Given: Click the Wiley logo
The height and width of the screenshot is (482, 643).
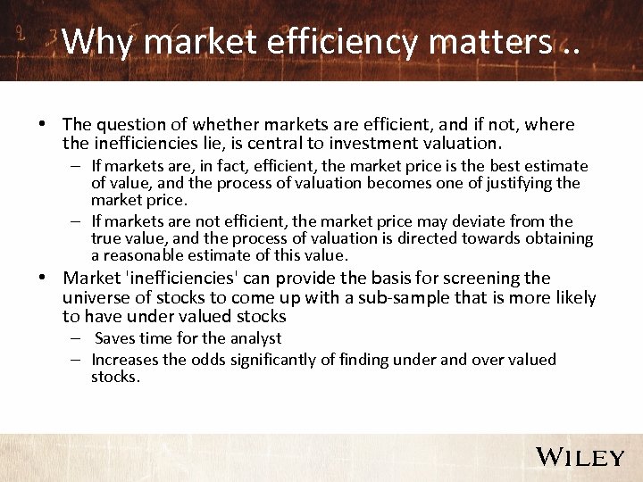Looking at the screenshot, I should click(x=580, y=457).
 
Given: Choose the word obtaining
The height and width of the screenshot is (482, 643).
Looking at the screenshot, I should click(x=561, y=237).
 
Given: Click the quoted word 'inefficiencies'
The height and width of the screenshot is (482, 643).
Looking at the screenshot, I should click(x=181, y=278).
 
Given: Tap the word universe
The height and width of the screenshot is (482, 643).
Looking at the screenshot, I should click(x=97, y=297).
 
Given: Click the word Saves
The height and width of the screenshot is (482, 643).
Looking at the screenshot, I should click(x=114, y=338).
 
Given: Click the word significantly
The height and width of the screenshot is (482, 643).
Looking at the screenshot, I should click(x=270, y=360).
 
